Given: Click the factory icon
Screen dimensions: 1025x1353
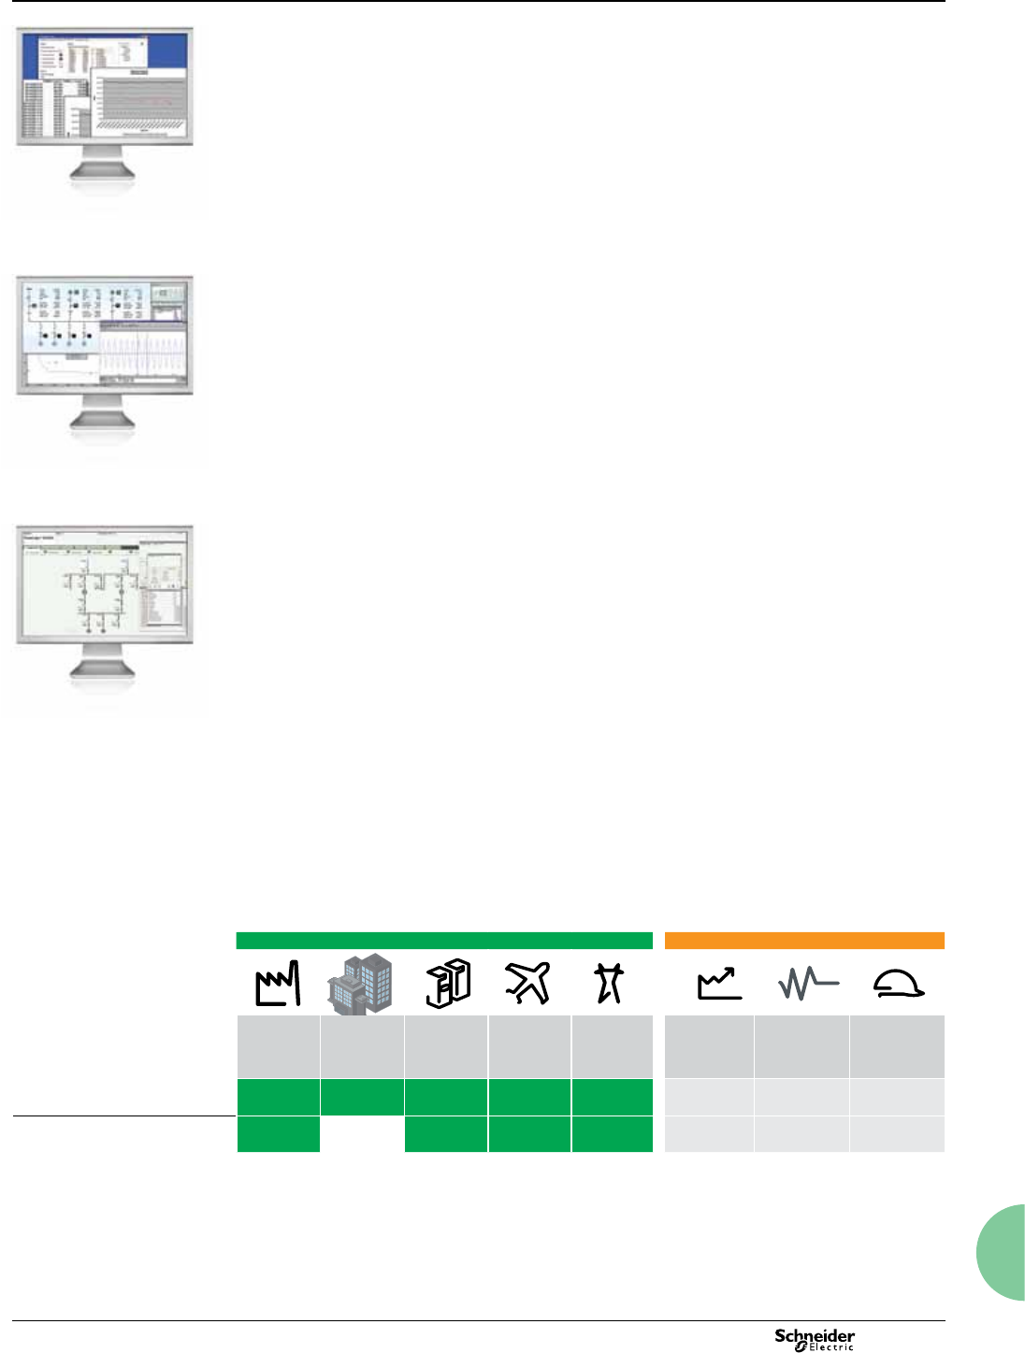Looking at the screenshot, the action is coord(279,984).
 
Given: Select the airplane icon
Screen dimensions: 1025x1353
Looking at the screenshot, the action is coord(528,984).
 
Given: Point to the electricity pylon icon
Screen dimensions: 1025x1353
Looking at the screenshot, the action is coord(610,984).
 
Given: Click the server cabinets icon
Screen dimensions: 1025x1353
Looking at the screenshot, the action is coord(447,984).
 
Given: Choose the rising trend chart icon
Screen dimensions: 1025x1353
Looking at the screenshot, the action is coord(719,984).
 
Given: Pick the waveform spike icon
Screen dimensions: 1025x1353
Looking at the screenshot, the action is coord(808,984).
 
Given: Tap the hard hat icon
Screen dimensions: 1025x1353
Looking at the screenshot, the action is coord(898,984).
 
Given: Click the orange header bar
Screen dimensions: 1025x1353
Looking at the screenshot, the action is coord(804,941).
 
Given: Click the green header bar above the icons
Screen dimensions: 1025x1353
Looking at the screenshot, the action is coord(444,941).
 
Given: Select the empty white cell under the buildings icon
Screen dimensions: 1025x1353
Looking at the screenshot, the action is coord(362,1134).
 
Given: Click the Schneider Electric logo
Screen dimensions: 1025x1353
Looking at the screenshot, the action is coord(815,1339).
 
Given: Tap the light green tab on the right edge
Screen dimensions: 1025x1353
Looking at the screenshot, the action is coord(1003,1253).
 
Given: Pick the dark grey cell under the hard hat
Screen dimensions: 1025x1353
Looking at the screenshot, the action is coord(897,1046).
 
